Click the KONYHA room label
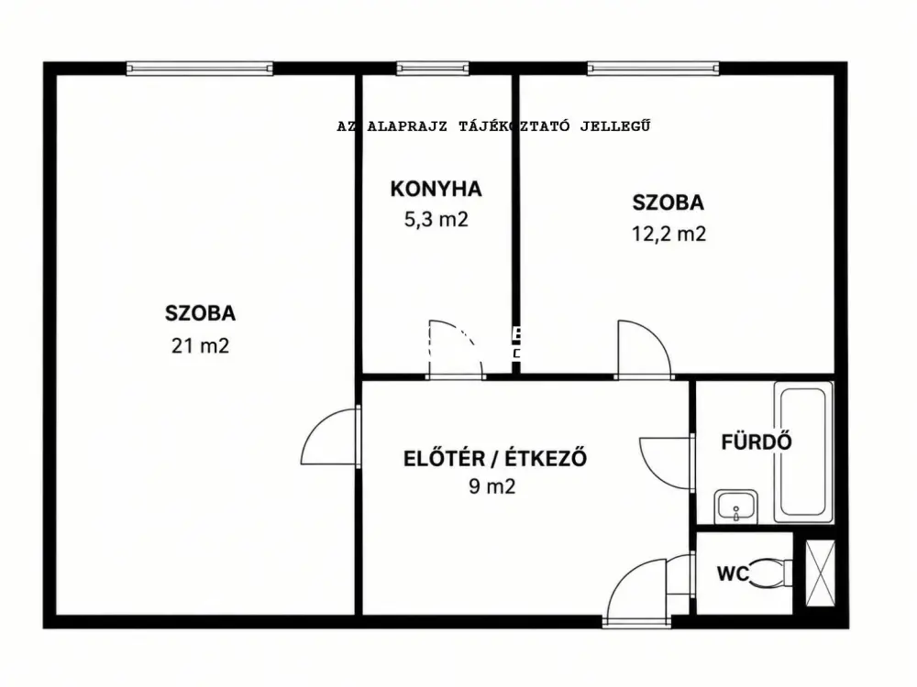436,189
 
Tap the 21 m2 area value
200,346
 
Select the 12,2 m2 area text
668,234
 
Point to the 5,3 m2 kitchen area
436,220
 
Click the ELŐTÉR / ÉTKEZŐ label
495,458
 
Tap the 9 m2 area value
492,486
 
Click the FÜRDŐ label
757,442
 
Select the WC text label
733,573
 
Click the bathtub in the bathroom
803,452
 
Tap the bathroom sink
735,507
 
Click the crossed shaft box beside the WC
820,573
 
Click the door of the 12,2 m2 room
644,349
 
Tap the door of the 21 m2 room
330,437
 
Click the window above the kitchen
433,69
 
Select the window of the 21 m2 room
199,69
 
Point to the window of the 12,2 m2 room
653,69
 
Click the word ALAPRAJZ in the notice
407,126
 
